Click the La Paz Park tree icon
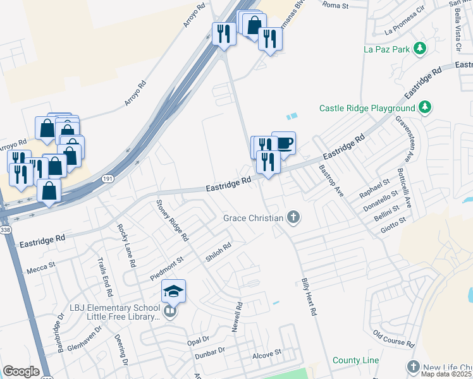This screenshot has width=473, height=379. click(419, 49)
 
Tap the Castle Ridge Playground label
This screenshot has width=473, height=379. click(367, 108)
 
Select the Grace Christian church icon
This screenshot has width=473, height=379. click(292, 218)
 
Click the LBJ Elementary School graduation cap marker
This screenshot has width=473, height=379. click(173, 291)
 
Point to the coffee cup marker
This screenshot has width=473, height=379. click(284, 143)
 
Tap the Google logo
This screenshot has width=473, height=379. click(21, 371)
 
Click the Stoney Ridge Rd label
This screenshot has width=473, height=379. click(172, 221)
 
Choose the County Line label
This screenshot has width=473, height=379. click(356, 361)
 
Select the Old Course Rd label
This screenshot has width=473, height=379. click(393, 339)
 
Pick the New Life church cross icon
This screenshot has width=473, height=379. click(413, 367)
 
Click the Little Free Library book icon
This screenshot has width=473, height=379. click(169, 312)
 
